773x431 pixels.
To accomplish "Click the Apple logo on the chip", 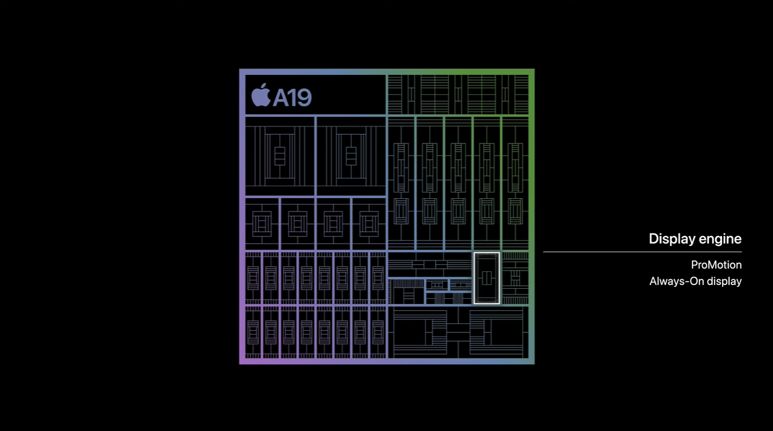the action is pyautogui.click(x=261, y=95).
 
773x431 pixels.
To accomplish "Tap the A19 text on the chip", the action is pyautogui.click(x=293, y=98).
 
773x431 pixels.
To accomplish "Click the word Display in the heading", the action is pyautogui.click(x=671, y=239).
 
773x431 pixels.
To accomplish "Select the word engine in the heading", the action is pyautogui.click(x=719, y=239).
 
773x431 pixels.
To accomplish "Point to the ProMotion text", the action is pyautogui.click(x=716, y=265).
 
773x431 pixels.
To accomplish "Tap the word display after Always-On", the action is pyautogui.click(x=724, y=281).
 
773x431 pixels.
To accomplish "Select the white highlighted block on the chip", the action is pyautogui.click(x=486, y=278).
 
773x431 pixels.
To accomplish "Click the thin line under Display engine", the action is pyautogui.click(x=642, y=252).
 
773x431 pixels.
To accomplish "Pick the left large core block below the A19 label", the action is pyautogui.click(x=280, y=156).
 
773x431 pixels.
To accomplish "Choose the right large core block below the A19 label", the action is pyautogui.click(x=351, y=156).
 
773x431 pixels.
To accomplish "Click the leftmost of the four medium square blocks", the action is pyautogui.click(x=262, y=223).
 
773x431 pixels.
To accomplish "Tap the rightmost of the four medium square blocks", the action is pyautogui.click(x=369, y=223).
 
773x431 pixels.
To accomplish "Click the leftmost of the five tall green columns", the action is pyautogui.click(x=401, y=183).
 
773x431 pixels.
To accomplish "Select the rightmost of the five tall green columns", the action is pyautogui.click(x=515, y=183).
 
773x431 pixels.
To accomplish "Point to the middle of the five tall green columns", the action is pyautogui.click(x=458, y=183).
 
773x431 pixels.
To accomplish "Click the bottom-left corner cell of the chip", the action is pyautogui.click(x=253, y=332).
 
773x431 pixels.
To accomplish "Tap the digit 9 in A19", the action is pyautogui.click(x=304, y=98).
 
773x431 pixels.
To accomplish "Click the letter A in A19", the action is pyautogui.click(x=281, y=98).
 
